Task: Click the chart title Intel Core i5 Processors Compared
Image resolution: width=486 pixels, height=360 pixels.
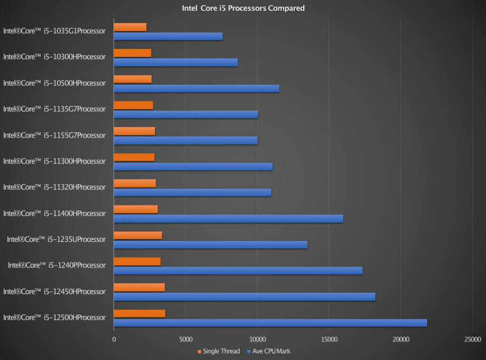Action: pos(243,8)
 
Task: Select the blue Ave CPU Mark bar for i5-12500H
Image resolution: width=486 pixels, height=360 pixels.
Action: pos(270,323)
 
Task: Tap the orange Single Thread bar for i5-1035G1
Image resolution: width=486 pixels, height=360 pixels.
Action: pos(130,27)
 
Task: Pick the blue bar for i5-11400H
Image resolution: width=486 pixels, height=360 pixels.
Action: pos(228,219)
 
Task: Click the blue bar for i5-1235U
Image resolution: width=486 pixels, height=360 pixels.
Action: pos(210,245)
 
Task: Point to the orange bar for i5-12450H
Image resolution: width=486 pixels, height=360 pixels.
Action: pos(139,287)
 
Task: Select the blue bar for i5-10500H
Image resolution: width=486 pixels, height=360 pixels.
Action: pos(196,88)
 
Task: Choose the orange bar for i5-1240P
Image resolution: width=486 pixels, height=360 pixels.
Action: pos(137,261)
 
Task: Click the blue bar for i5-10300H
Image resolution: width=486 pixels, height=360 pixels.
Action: pos(176,62)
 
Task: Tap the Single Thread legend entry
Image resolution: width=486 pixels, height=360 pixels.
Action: pos(218,351)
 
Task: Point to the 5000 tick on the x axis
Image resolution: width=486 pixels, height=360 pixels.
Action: pos(185,339)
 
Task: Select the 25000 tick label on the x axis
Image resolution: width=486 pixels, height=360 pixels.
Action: pos(472,339)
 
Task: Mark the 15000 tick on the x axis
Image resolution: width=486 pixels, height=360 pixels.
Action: pos(328,339)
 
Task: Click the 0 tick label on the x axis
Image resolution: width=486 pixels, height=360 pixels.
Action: pos(114,339)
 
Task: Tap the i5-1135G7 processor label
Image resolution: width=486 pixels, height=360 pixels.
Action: pos(54,109)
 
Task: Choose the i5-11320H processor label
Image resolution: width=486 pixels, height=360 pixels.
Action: pos(54,187)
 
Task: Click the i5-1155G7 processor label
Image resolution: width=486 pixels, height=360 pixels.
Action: pos(54,135)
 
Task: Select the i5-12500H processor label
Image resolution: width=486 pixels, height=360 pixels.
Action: pos(54,317)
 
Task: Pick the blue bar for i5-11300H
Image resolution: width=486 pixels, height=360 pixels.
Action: pos(193,166)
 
